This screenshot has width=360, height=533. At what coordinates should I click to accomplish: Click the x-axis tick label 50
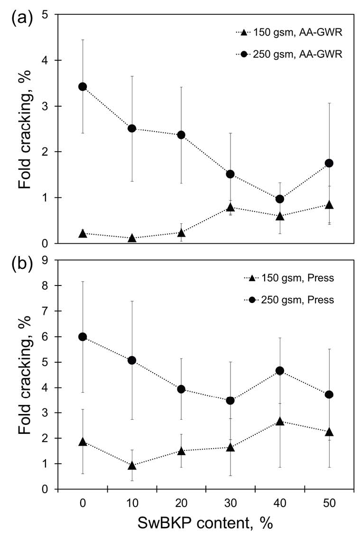329,502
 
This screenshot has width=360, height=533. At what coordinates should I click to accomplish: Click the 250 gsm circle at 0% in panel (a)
83,86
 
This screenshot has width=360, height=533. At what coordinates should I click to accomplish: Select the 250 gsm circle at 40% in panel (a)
280,199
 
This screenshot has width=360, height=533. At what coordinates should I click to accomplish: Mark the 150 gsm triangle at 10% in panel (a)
132,238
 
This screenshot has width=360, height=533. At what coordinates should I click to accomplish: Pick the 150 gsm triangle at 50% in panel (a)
329,205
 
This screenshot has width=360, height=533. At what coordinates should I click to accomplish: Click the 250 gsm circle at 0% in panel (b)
83,337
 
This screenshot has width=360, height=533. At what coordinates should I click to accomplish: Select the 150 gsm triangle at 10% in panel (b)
132,466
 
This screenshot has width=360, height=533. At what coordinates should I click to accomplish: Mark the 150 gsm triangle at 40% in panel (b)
280,421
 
